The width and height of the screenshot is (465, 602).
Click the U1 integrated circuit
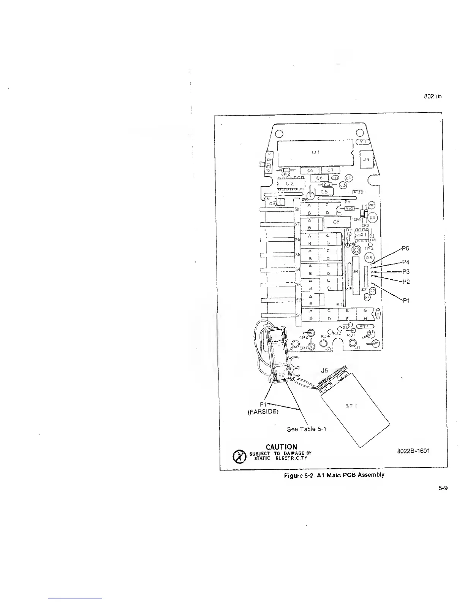[315, 153]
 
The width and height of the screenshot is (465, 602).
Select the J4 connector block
[367, 160]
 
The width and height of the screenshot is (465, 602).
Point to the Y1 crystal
[363, 141]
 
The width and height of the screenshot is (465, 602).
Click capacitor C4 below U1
[310, 171]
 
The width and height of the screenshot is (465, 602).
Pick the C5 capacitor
[323, 192]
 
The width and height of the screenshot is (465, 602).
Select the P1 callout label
[406, 300]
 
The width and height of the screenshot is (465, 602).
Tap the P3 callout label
[406, 272]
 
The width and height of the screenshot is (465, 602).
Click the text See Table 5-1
[307, 429]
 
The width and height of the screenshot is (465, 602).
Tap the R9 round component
[373, 218]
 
